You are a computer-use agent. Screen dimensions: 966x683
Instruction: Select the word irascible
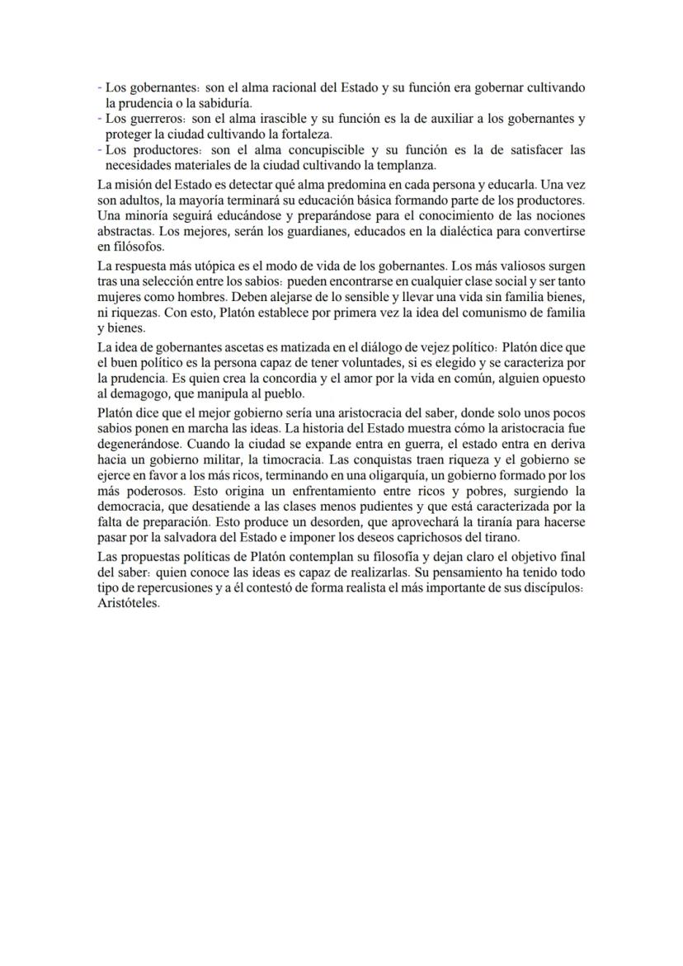click(279, 118)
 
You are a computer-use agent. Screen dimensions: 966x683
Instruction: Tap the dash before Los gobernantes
click(100, 87)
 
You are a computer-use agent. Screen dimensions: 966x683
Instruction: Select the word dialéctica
click(452, 232)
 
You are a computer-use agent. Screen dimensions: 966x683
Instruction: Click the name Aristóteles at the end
click(128, 603)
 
